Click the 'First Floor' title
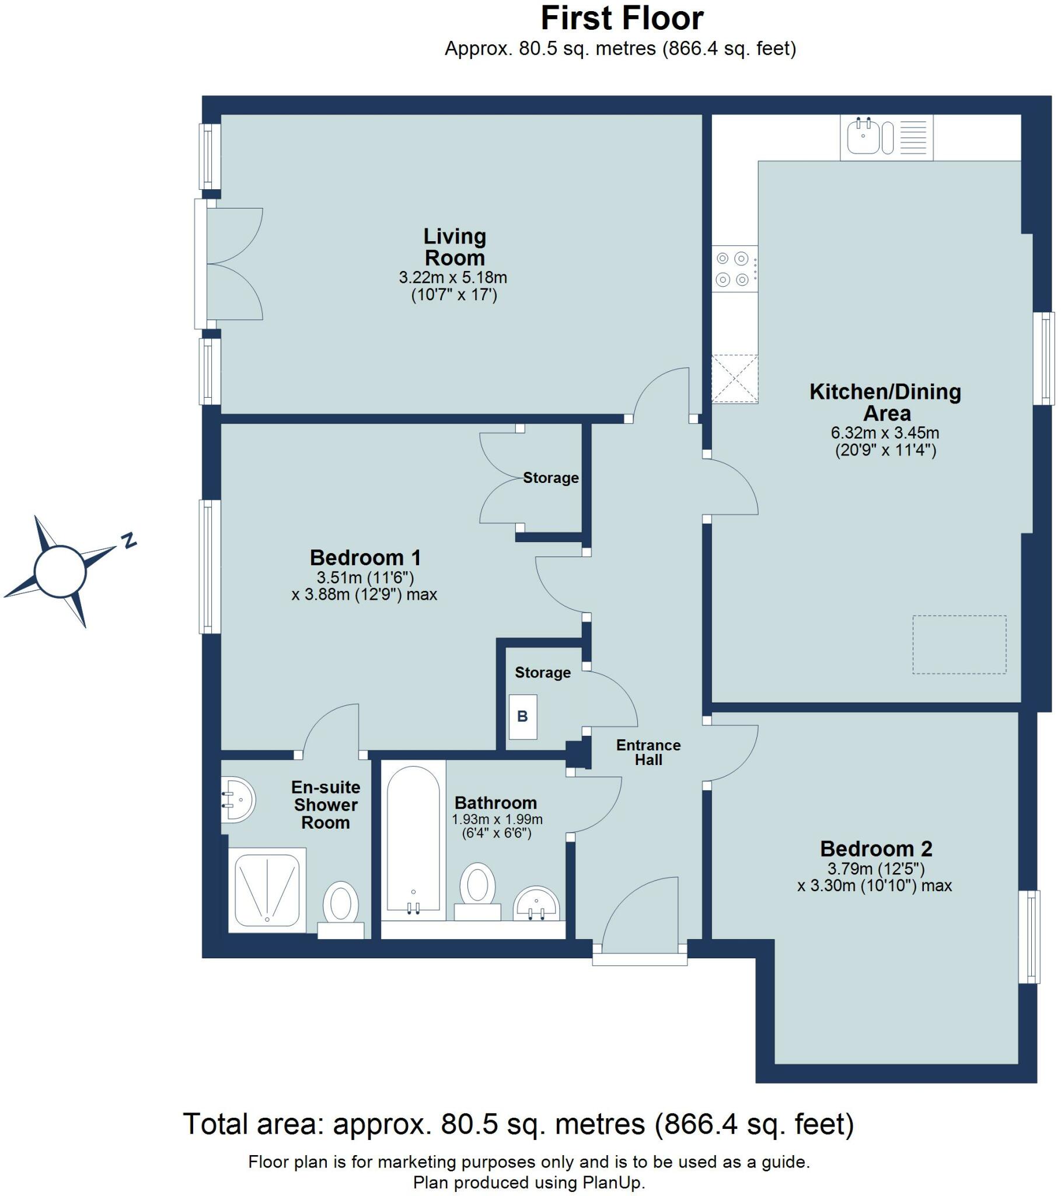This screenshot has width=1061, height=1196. click(x=621, y=19)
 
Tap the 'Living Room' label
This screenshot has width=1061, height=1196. click(x=455, y=247)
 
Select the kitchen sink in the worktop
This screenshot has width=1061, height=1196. click(x=863, y=136)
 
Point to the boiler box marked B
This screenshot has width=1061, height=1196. click(x=522, y=716)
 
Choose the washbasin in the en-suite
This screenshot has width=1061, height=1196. click(x=238, y=799)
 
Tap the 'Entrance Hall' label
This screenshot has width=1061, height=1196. click(x=648, y=753)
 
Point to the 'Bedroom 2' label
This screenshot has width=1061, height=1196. click(x=875, y=849)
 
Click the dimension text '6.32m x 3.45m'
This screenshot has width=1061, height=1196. click(x=884, y=433)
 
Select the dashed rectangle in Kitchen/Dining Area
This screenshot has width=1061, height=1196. click(x=959, y=644)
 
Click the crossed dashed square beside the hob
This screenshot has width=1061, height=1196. click(x=734, y=378)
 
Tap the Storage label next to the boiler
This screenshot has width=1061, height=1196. click(x=542, y=672)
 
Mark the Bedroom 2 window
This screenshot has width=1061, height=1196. click(x=1029, y=936)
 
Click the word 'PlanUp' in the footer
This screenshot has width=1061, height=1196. click(x=612, y=1183)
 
